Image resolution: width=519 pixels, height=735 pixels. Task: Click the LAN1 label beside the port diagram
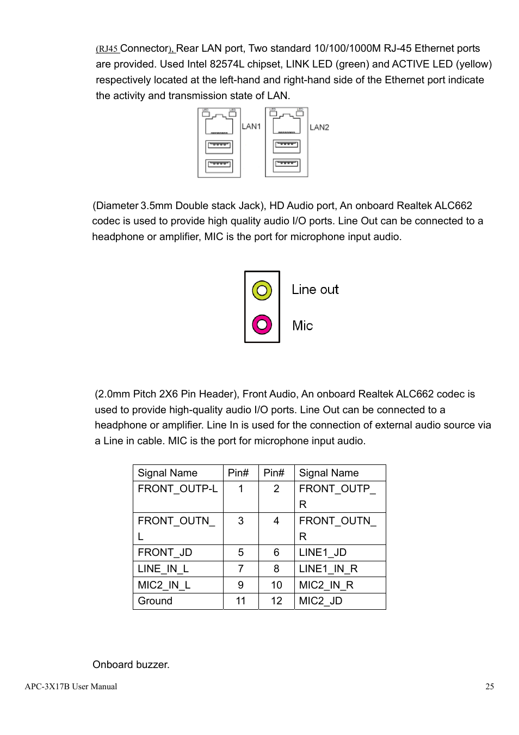251,126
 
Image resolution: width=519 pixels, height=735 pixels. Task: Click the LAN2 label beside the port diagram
319,127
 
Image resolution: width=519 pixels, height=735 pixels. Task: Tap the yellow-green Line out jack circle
262,290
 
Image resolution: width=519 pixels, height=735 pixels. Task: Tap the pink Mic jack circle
262,325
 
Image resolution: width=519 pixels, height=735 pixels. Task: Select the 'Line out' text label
315,290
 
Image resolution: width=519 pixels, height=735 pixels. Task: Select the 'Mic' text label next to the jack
302,326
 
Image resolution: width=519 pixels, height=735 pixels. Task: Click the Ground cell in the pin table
155,601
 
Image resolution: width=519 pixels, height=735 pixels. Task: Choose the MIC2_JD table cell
320,601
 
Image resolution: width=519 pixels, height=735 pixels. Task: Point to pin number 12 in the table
276,601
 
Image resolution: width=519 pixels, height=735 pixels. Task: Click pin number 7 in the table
240,568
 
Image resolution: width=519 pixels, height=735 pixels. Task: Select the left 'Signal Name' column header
168,473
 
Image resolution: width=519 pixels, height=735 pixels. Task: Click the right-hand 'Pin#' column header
274,473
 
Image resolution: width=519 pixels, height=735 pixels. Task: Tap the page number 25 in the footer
490,687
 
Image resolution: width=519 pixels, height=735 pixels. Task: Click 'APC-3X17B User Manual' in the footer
71,687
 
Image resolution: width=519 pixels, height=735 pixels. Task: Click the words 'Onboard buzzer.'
131,664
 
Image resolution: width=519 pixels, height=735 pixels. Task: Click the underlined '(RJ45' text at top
107,49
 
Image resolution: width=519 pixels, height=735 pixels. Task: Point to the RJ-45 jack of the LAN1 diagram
219,125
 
